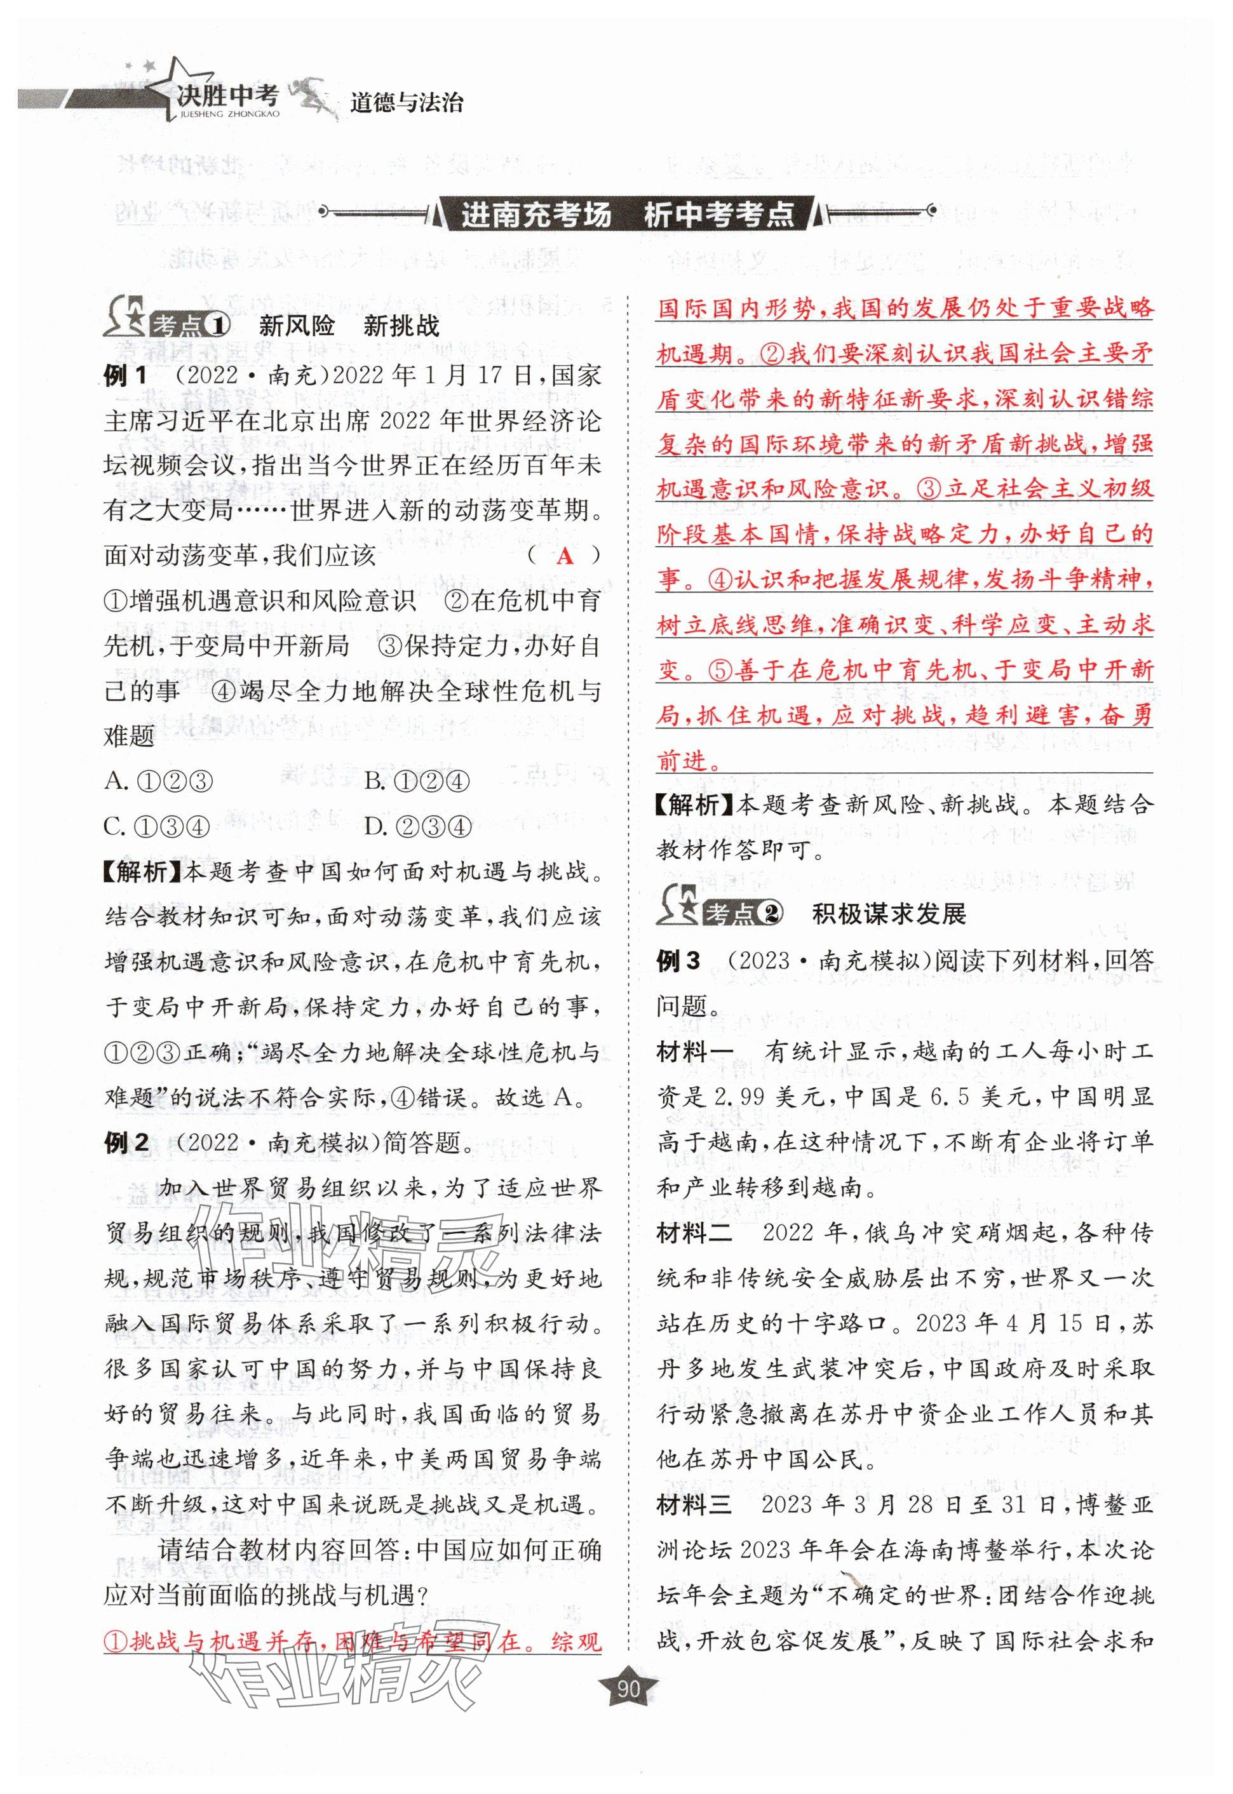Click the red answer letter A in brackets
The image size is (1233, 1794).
pos(565,556)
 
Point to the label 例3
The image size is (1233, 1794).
pos(678,961)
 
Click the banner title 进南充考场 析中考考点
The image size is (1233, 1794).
pos(628,214)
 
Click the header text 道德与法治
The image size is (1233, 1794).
pos(407,104)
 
